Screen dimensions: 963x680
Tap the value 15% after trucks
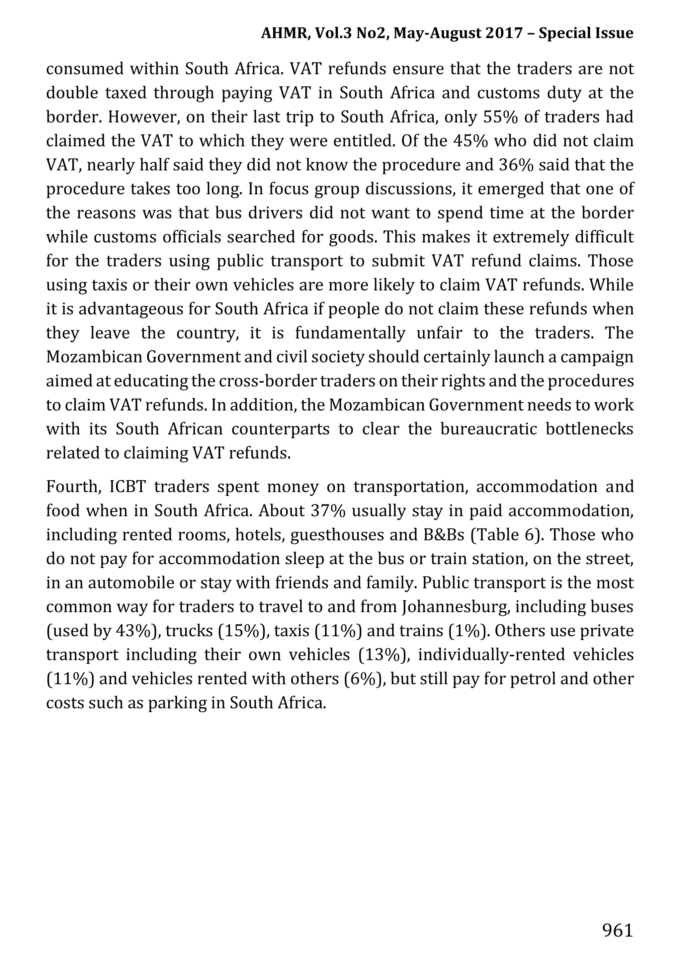point(243,631)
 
